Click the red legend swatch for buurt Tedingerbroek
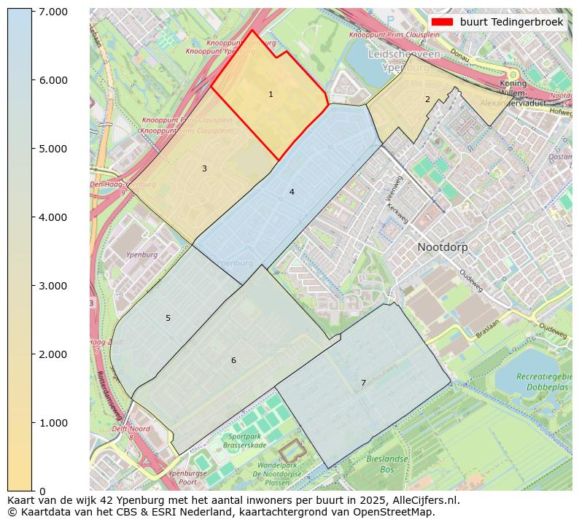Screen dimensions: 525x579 click(442, 22)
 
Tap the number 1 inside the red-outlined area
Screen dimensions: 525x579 click(271, 95)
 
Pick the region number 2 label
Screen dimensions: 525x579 click(427, 99)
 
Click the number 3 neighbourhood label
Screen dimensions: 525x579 click(204, 169)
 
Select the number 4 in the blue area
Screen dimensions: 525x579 click(292, 192)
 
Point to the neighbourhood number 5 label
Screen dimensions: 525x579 click(168, 319)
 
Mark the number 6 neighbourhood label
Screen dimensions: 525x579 click(233, 361)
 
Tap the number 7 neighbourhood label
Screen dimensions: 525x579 click(363, 384)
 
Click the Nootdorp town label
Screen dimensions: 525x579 click(443, 247)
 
